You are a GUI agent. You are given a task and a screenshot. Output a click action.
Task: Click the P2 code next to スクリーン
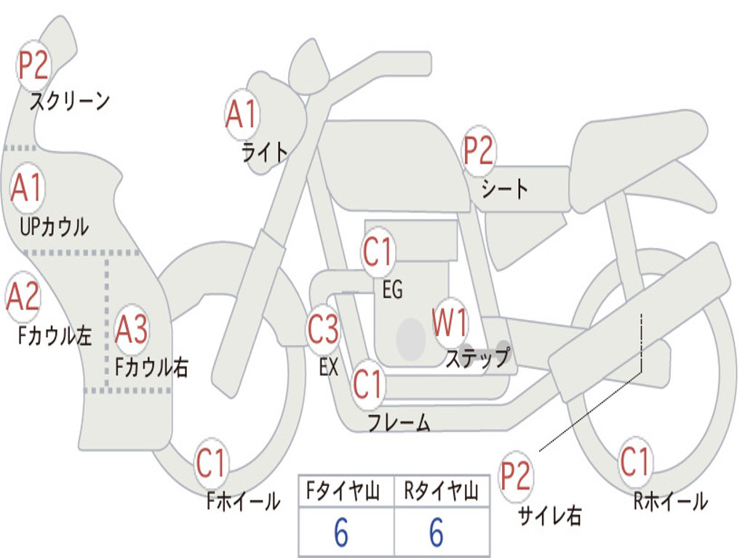pos(33,66)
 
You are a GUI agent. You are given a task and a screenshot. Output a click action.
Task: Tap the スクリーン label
pos(69,101)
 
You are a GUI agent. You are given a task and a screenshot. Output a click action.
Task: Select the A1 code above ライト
pos(242,114)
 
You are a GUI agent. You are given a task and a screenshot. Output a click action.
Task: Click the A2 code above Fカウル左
pos(23,296)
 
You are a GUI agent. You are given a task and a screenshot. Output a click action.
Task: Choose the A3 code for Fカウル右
pos(132,330)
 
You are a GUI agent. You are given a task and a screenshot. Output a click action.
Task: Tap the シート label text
pos(504,190)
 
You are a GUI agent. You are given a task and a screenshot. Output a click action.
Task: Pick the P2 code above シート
pos(479,151)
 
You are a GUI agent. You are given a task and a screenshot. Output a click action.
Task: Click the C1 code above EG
pos(378,253)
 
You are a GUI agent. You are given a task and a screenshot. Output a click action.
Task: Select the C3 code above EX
pos(323,330)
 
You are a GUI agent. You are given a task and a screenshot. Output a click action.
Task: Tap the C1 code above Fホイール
pos(212,464)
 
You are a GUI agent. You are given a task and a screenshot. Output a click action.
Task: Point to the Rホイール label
pos(670,501)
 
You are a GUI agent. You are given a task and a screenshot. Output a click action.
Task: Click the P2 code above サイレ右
pos(516,477)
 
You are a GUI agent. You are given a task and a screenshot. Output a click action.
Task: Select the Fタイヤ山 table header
pos(346,493)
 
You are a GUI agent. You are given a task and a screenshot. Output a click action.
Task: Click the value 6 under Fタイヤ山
pos(341,533)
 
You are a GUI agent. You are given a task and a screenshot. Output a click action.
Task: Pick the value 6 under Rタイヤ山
pos(437,533)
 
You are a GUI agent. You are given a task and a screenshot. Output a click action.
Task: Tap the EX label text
pos(329,367)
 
